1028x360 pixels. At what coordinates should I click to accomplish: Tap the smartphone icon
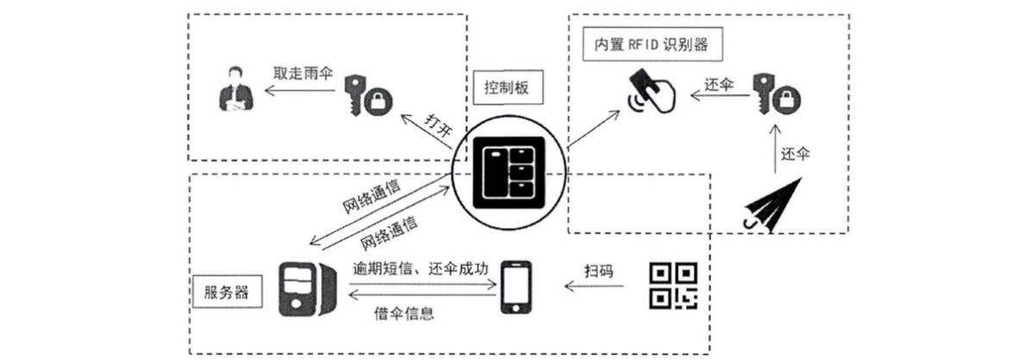point(515,287)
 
